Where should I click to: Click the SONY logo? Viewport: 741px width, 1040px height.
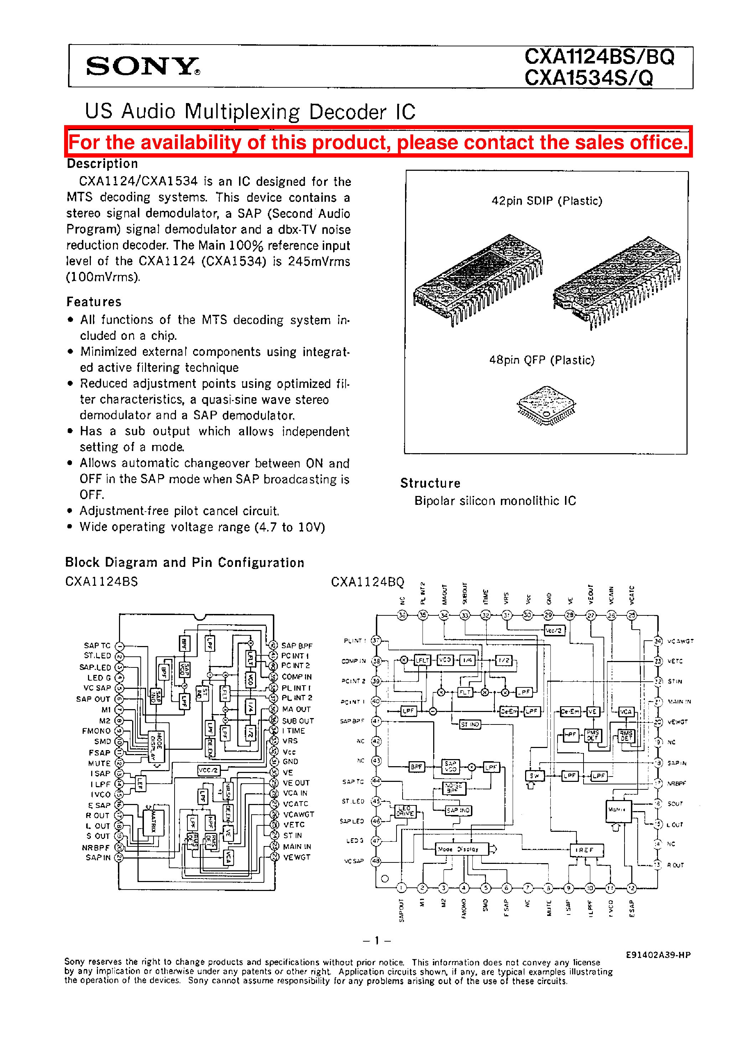(x=142, y=67)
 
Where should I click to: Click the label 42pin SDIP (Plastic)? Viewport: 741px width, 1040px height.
(x=546, y=201)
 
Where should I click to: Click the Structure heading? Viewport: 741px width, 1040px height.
(x=430, y=483)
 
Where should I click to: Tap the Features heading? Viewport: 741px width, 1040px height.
(x=94, y=302)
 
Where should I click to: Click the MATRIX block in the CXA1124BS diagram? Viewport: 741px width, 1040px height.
(x=153, y=822)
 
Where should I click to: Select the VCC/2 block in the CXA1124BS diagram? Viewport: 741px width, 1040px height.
(x=208, y=770)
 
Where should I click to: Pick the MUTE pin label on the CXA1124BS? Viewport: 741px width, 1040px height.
(x=99, y=763)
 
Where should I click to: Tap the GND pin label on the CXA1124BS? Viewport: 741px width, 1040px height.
(x=290, y=762)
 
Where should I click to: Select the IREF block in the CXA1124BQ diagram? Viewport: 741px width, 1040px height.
(x=586, y=850)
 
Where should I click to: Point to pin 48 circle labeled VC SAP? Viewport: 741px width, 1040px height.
(x=376, y=861)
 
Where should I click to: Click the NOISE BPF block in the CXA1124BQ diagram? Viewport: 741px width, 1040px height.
(x=454, y=788)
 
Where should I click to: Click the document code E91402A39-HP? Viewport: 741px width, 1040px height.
(x=658, y=955)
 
